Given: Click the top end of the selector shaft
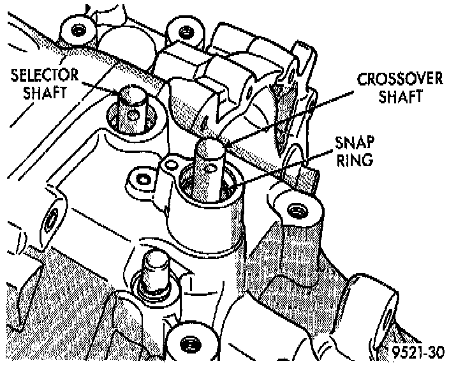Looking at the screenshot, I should (132, 94).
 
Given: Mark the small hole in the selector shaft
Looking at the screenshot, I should (133, 114).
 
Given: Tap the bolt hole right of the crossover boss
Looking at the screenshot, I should (295, 209).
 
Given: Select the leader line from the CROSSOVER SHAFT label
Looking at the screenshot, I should (287, 114).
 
